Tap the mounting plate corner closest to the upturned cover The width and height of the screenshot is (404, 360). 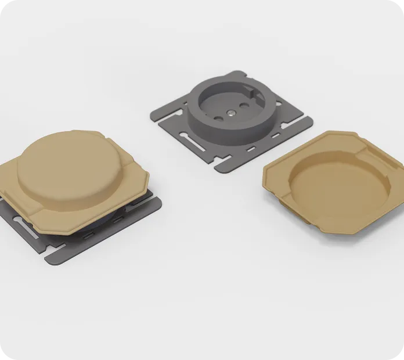point(311,122)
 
